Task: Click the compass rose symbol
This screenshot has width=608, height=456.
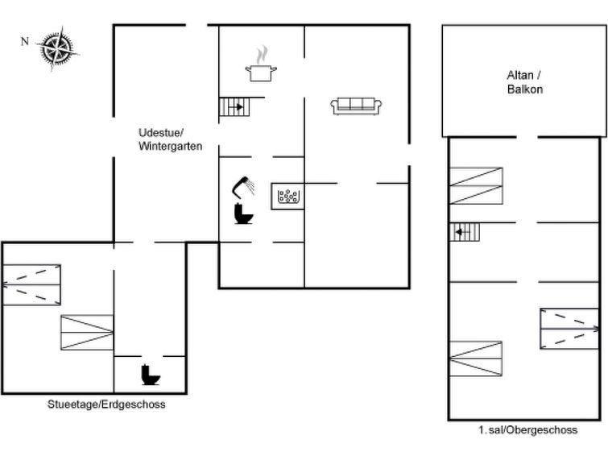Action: coord(58,49)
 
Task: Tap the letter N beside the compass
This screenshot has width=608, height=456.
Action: coord(25,41)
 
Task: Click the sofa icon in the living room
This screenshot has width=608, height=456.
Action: coord(356,106)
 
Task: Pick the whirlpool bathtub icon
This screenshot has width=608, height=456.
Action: coord(287,197)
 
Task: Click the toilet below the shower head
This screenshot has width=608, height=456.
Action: coord(243,213)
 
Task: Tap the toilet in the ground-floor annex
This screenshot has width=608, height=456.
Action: coord(151,375)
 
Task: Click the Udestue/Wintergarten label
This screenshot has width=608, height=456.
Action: coord(170,139)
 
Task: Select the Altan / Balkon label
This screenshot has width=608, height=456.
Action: coord(524,82)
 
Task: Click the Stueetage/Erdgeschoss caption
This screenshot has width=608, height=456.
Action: coord(106,404)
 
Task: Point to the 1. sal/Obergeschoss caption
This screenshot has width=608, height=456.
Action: coord(527,430)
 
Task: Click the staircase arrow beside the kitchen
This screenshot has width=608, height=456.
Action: coord(238,106)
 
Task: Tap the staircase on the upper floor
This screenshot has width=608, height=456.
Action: coord(465,232)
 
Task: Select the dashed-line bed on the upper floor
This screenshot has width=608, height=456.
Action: coord(569,329)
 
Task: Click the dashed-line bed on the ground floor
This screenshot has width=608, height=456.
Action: coord(31,285)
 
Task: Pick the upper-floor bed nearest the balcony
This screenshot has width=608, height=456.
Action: coord(476,186)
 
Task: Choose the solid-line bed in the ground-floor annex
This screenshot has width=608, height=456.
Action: coord(87,333)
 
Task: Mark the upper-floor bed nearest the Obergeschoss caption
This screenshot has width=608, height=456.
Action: coord(475,359)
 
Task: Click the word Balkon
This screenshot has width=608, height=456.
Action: coord(525,89)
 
